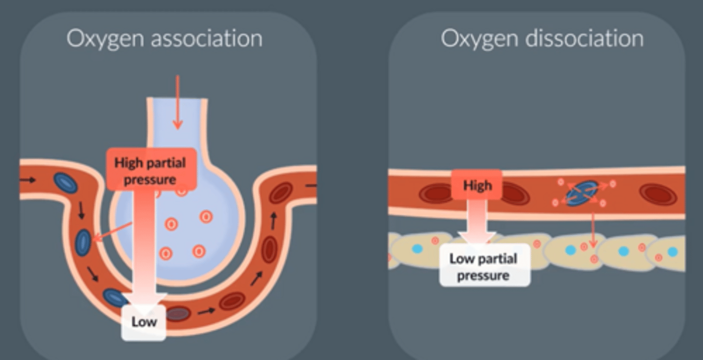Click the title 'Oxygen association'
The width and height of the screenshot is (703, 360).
165,39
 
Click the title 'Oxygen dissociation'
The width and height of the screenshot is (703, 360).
542,39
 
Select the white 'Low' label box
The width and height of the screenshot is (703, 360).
144,322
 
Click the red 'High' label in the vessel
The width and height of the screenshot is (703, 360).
477,186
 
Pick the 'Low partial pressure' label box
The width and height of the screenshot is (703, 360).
483,267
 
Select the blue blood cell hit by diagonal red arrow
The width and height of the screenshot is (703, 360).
83,243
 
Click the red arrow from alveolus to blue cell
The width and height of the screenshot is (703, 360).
112,232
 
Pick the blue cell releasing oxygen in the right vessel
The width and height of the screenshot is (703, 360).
582,192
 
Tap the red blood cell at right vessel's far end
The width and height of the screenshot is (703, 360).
658,194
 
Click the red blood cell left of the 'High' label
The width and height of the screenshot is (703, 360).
436,193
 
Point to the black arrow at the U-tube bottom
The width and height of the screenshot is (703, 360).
207,311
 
